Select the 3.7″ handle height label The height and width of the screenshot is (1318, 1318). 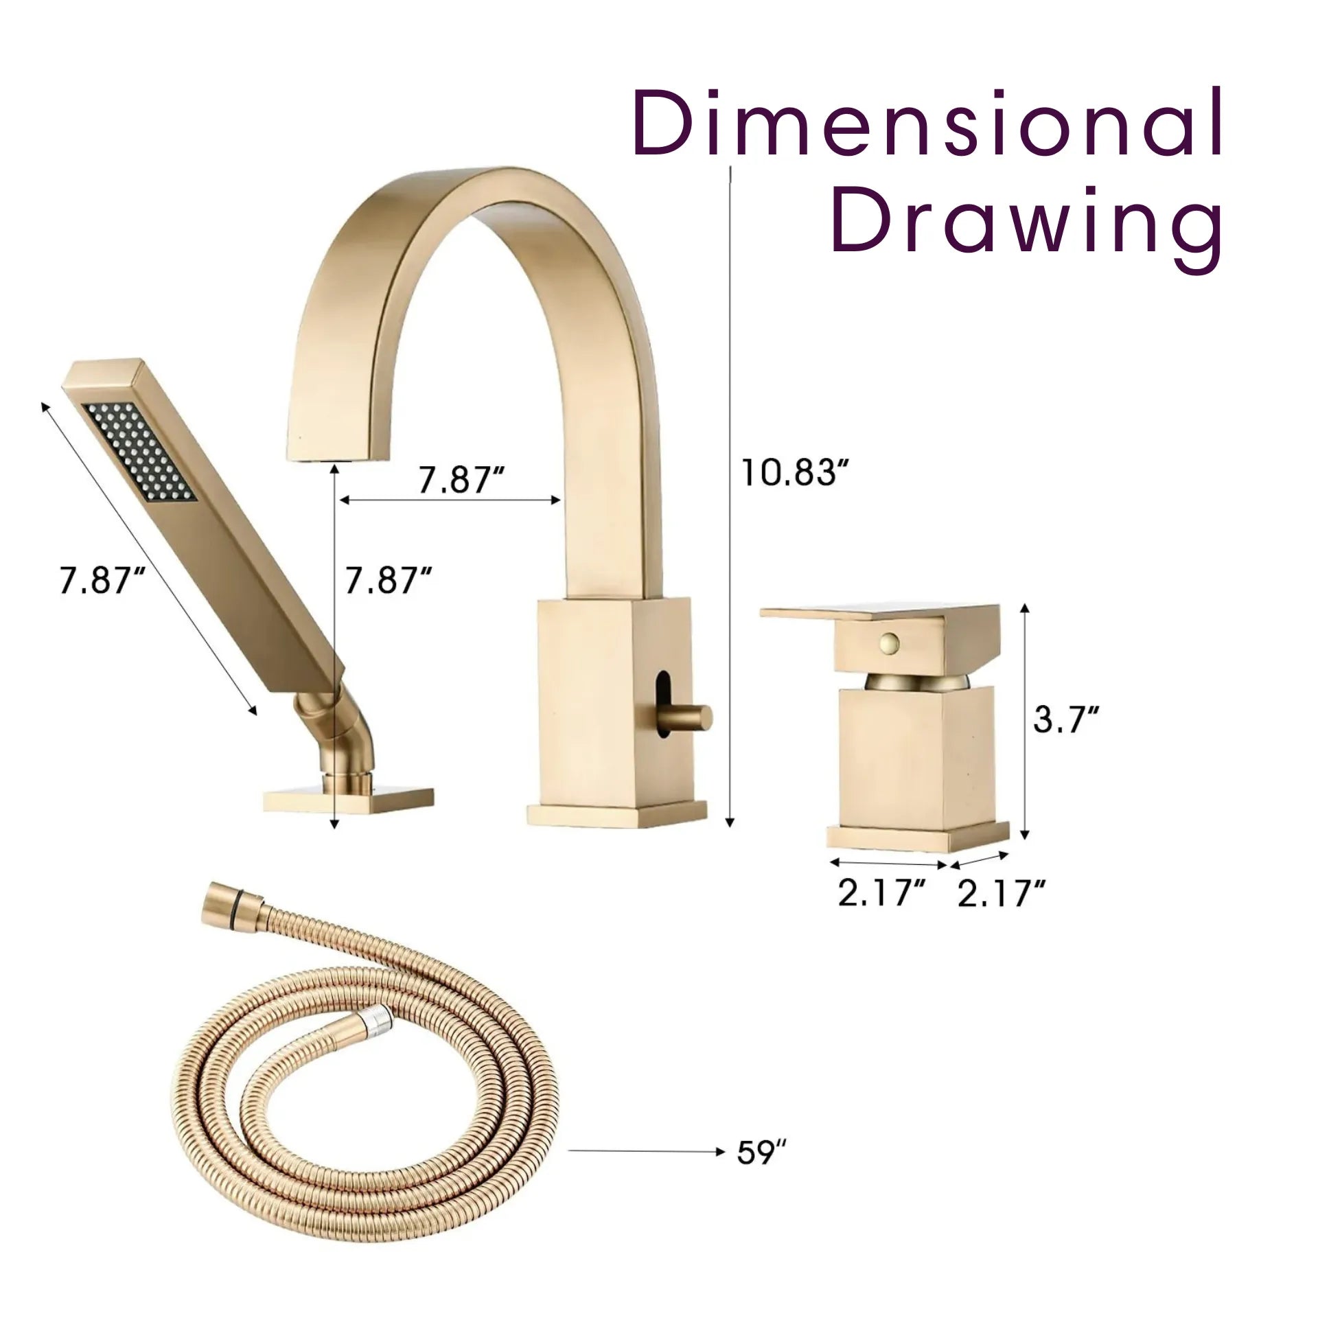click(1066, 719)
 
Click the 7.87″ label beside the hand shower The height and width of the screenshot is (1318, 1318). click(103, 581)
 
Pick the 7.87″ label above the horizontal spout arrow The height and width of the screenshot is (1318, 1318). click(462, 481)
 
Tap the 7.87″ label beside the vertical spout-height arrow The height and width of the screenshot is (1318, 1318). click(388, 581)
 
